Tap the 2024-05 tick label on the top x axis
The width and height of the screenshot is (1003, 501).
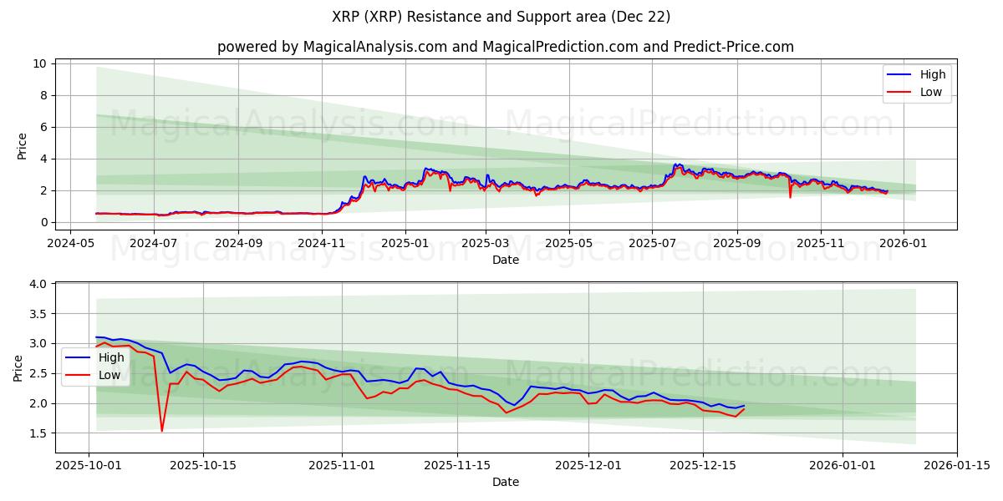70,243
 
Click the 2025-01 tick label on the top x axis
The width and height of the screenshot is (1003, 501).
405,243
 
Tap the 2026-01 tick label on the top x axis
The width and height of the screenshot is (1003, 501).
905,243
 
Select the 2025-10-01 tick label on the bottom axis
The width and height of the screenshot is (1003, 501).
89,465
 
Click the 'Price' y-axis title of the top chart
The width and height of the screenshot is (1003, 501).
22,145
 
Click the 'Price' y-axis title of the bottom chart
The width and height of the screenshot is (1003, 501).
18,367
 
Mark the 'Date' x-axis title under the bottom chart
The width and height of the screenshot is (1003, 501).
505,482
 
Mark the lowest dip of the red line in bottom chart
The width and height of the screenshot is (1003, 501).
162,431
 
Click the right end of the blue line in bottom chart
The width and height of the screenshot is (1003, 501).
744,406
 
